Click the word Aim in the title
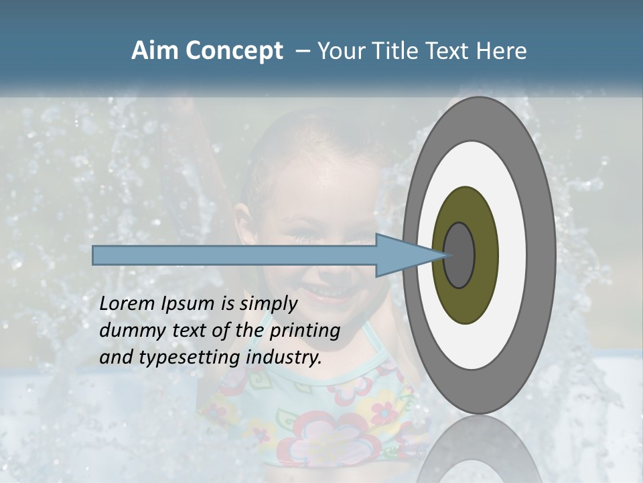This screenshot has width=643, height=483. [x=155, y=51]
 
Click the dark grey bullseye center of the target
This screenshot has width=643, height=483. [x=459, y=255]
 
